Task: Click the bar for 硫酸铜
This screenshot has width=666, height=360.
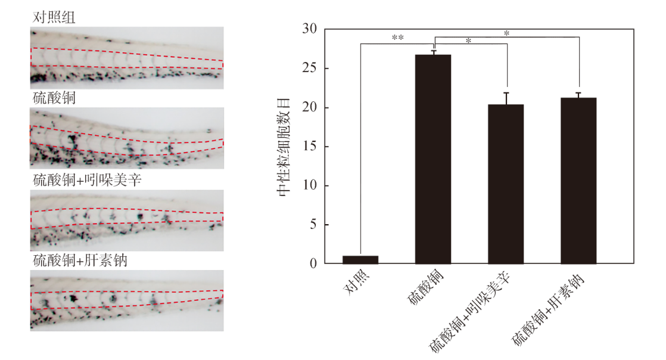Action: click(x=433, y=159)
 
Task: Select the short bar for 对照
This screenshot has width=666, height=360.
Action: click(x=360, y=260)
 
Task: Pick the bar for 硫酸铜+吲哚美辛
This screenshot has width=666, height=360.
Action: click(x=505, y=184)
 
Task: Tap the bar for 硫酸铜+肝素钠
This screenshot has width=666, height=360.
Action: click(x=578, y=181)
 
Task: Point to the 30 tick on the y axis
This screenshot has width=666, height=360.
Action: click(x=310, y=29)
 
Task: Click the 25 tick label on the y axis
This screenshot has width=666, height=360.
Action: click(x=310, y=68)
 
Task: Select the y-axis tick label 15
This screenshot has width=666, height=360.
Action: click(x=310, y=146)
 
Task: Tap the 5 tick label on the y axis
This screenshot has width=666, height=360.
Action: click(x=313, y=225)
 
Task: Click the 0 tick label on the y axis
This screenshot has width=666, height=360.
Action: click(x=313, y=263)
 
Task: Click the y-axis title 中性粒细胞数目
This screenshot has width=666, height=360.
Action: click(x=284, y=147)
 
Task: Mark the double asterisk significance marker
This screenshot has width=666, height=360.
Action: click(x=397, y=38)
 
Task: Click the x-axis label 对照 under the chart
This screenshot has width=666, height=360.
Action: click(x=357, y=282)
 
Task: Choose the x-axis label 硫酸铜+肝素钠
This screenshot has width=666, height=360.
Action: click(x=548, y=309)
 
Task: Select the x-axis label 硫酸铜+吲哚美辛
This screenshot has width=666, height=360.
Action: click(x=470, y=312)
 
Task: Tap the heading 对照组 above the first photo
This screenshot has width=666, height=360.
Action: click(x=54, y=17)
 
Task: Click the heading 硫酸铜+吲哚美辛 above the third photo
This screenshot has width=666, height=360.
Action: click(x=87, y=180)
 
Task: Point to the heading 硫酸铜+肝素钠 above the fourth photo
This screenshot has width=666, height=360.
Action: click(x=80, y=260)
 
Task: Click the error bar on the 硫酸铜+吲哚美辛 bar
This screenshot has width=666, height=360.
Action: click(x=506, y=98)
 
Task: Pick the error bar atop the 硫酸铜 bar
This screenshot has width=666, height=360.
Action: click(x=433, y=52)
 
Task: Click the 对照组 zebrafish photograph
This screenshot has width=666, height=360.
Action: click(x=127, y=58)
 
